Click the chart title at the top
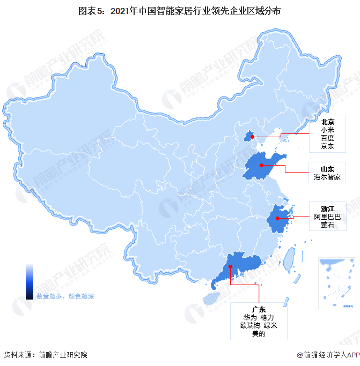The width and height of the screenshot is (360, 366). tap(180, 11)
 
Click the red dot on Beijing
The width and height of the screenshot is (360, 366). tap(252, 137)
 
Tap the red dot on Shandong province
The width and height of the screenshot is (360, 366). tap(261, 165)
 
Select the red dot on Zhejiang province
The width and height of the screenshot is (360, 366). tap(277, 218)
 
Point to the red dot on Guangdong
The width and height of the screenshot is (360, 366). tap(230, 266)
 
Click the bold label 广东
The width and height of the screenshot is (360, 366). tap(259, 309)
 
